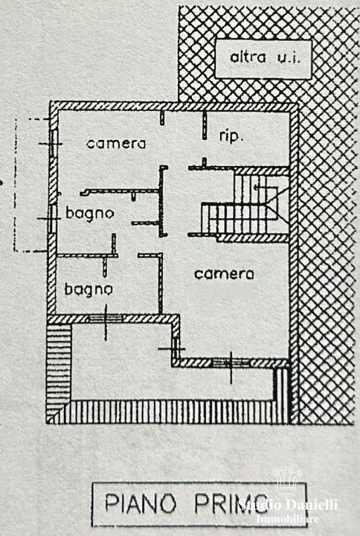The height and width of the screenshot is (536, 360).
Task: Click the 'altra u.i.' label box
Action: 263,59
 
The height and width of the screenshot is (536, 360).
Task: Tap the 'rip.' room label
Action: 231,137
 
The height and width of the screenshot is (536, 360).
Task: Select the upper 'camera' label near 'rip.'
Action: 116,144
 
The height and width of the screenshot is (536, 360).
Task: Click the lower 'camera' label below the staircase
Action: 224,274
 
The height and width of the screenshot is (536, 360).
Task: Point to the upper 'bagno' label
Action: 89,214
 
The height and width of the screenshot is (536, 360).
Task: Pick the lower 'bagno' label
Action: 89,290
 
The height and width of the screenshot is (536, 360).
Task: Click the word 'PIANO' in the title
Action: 140,503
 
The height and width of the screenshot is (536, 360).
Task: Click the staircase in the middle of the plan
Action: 245,205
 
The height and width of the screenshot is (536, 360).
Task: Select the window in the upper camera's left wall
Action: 53,144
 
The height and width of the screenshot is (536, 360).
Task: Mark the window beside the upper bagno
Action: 52,218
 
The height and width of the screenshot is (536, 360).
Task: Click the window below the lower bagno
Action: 106,319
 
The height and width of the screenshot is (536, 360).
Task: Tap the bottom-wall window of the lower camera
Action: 231,363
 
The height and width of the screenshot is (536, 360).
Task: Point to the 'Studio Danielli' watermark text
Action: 288,505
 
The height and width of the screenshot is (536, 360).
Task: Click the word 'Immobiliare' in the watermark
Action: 288,519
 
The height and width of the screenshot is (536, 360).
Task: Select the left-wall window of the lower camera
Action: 176,348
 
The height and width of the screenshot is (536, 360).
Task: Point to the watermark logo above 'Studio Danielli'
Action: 287,480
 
